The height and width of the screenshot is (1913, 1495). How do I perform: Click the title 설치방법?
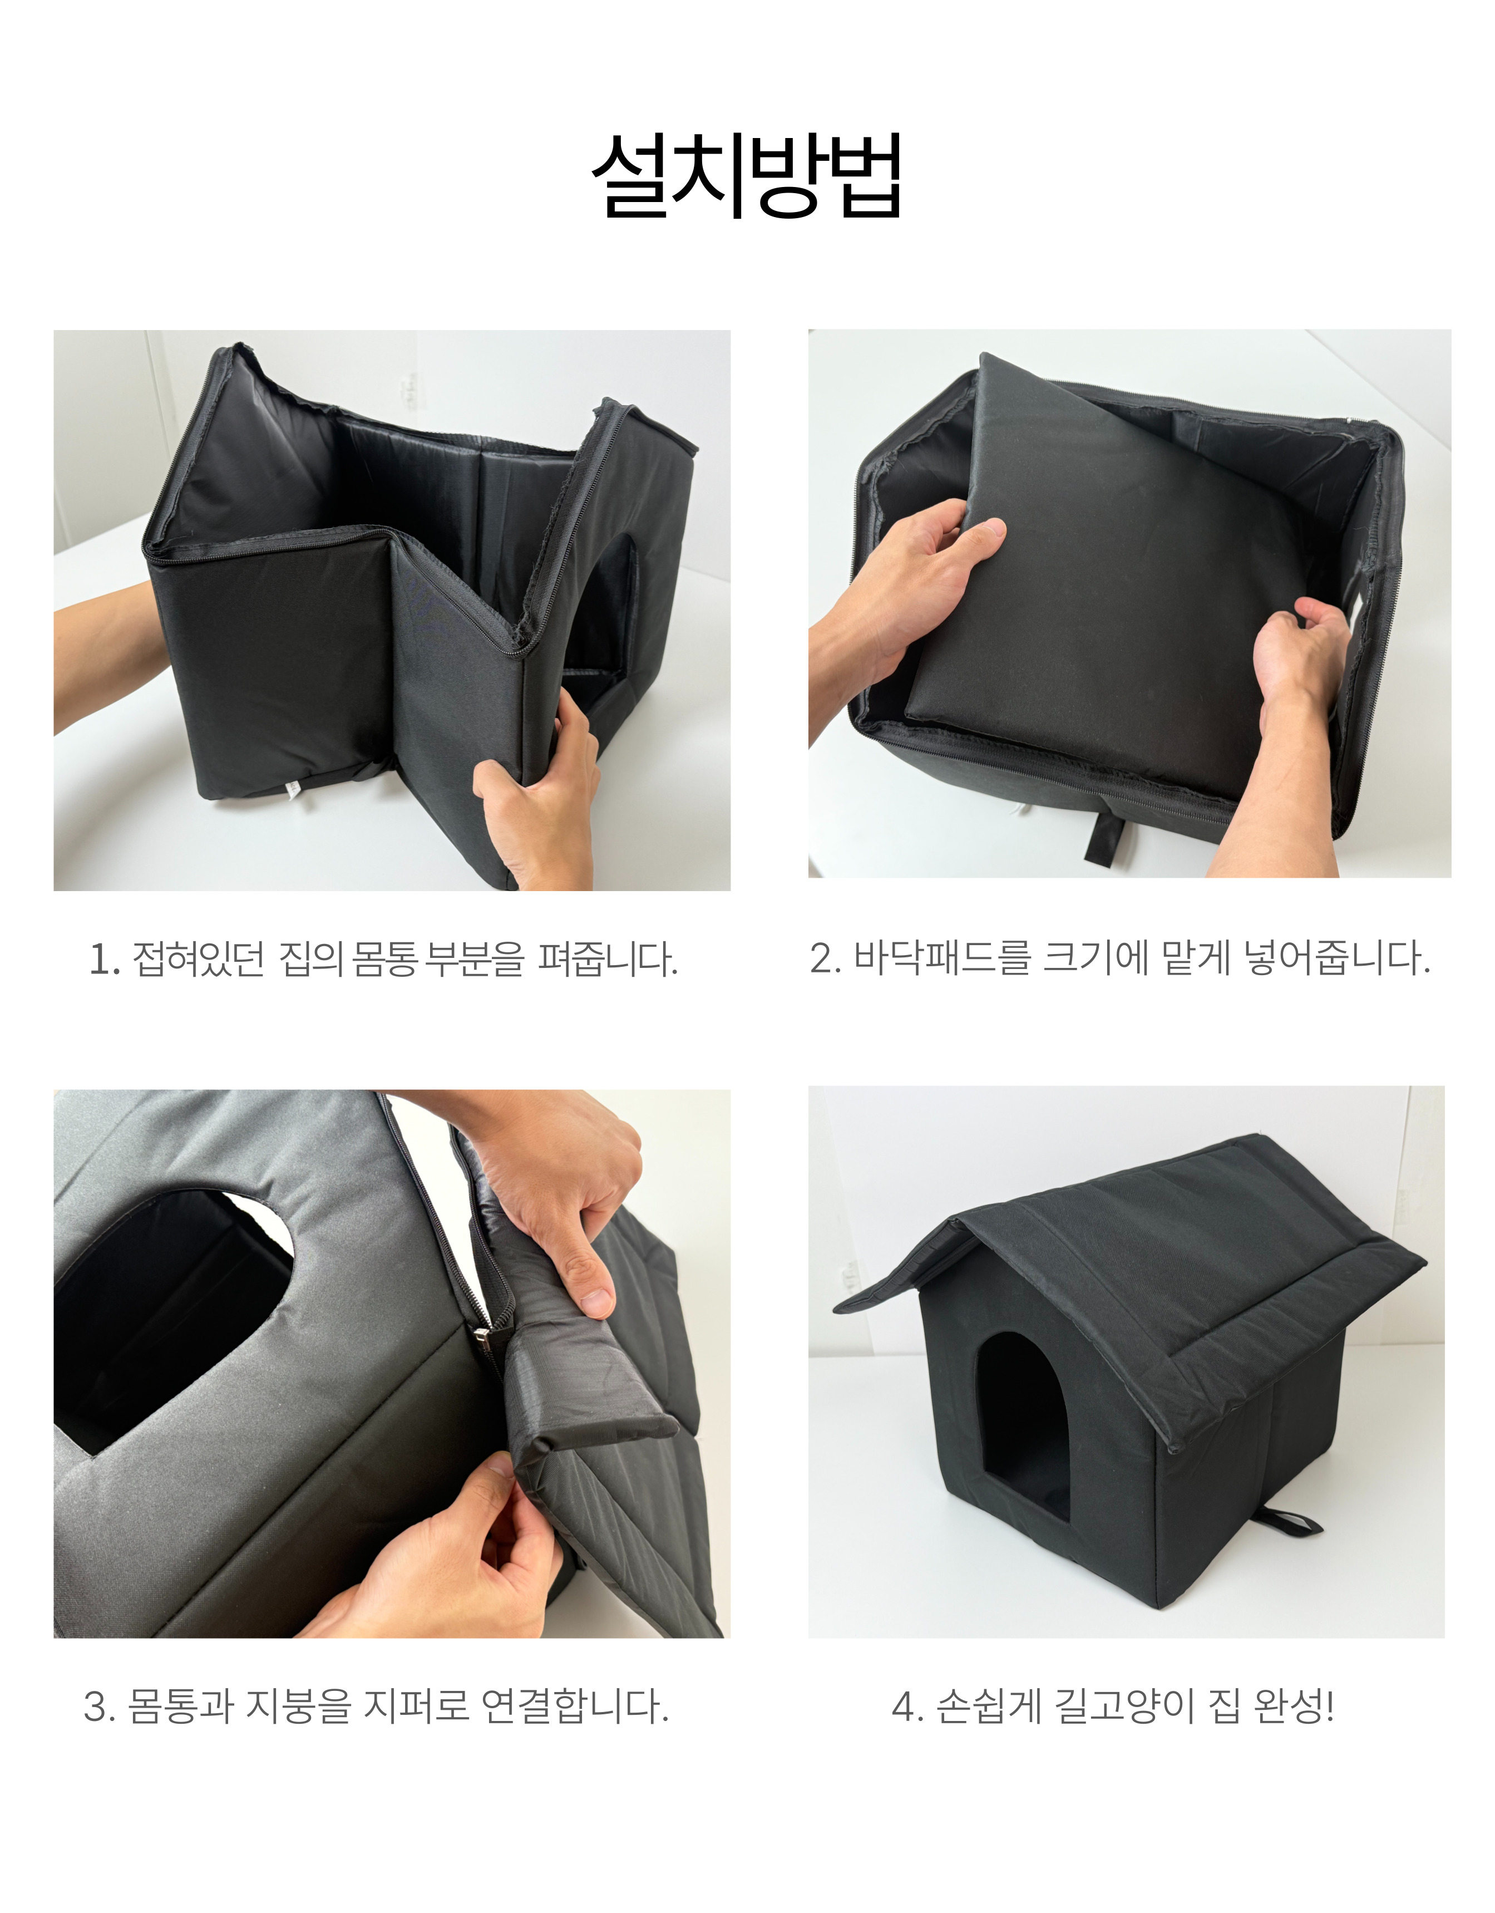tap(747, 175)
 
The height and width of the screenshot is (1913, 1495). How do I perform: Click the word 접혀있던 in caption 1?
tap(198, 959)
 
